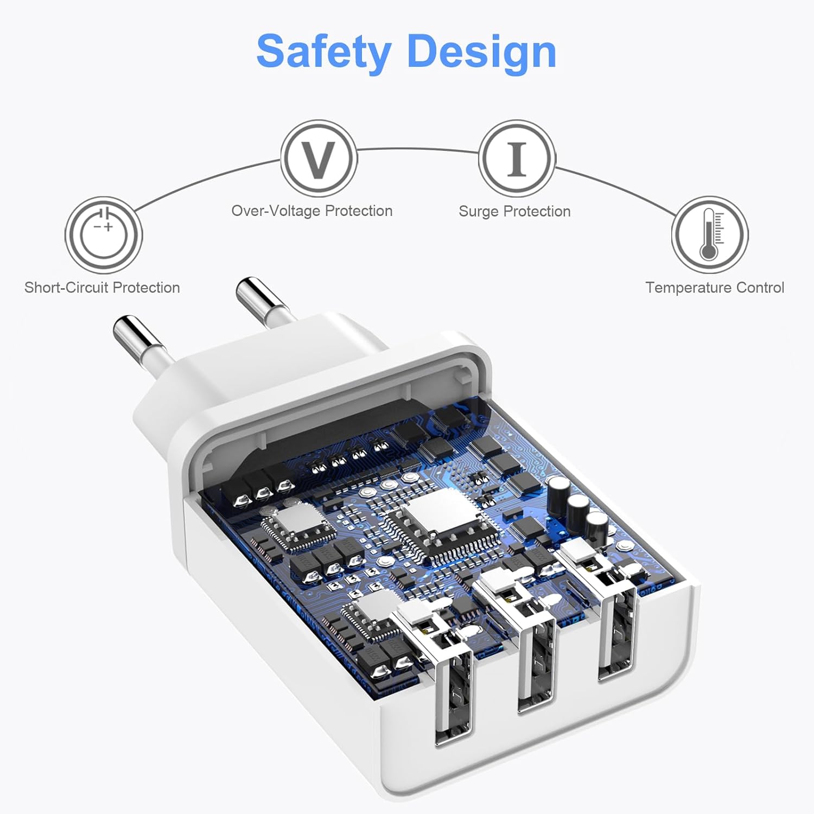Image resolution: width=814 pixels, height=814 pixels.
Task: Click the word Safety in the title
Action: tap(323, 52)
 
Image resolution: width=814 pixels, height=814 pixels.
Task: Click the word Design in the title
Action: tap(481, 52)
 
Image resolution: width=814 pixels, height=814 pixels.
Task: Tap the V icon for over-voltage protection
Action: tap(319, 158)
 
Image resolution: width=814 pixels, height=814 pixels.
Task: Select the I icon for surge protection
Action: tap(517, 158)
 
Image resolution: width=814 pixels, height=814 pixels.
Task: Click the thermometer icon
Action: tap(710, 235)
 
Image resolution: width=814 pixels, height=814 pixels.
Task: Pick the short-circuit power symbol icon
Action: tap(104, 235)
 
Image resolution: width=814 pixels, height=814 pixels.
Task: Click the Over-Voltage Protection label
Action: tap(312, 211)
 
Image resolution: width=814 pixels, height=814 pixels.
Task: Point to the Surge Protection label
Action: tap(514, 211)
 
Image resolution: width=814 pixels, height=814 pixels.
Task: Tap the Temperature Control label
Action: tap(715, 288)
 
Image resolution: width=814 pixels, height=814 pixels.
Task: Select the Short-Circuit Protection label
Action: tap(102, 288)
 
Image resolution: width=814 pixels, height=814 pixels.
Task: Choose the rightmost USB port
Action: tap(617, 635)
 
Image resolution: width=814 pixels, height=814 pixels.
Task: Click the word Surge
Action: tap(478, 212)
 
